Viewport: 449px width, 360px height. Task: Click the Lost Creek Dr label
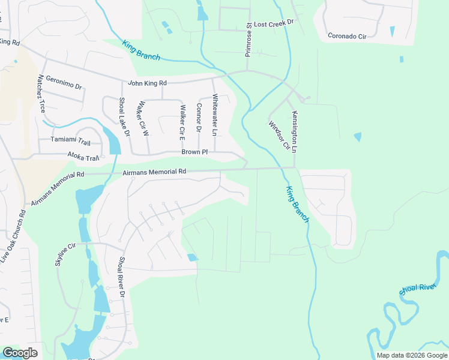pos(273,22)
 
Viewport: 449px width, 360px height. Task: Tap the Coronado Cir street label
pos(347,36)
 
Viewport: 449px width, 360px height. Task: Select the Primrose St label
pos(249,40)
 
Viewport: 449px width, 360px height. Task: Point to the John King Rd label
pos(147,83)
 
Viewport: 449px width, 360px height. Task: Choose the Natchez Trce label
pos(41,94)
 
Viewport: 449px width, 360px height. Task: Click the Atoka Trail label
pos(83,157)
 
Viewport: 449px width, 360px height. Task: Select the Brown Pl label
pos(195,153)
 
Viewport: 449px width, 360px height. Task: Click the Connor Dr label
pos(198,118)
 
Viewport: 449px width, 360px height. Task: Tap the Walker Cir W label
pos(143,118)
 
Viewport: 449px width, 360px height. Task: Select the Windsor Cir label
pos(279,135)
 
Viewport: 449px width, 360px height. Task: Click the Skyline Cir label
pos(66,254)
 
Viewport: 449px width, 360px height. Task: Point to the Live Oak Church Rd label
pos(13,235)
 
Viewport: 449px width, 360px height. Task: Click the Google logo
pos(20,353)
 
